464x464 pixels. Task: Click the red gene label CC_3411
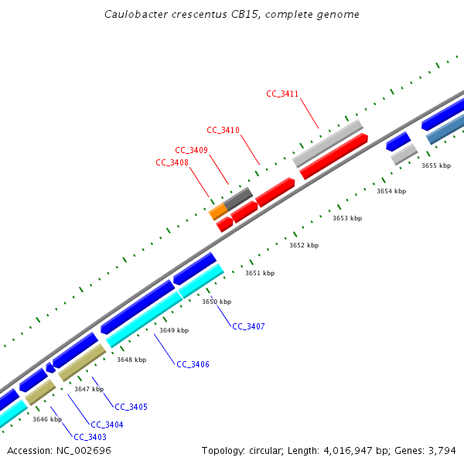[282, 94]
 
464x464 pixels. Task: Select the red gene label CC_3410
[223, 130]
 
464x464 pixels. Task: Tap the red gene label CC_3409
[191, 150]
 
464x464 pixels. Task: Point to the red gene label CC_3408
[172, 162]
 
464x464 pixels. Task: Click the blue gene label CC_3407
[248, 327]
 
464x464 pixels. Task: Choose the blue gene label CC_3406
[193, 364]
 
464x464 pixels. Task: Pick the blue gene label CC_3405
[131, 407]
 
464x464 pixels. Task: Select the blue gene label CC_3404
[107, 425]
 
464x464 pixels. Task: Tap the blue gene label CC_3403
[90, 437]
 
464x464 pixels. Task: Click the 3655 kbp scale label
[435, 165]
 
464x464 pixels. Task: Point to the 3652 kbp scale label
[304, 245]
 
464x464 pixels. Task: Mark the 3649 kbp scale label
[174, 330]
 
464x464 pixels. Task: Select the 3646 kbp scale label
[46, 419]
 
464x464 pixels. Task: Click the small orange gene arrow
[218, 210]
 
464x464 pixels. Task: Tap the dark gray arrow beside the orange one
[238, 198]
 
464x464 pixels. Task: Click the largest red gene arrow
[334, 156]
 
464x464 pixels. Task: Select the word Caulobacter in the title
[135, 15]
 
